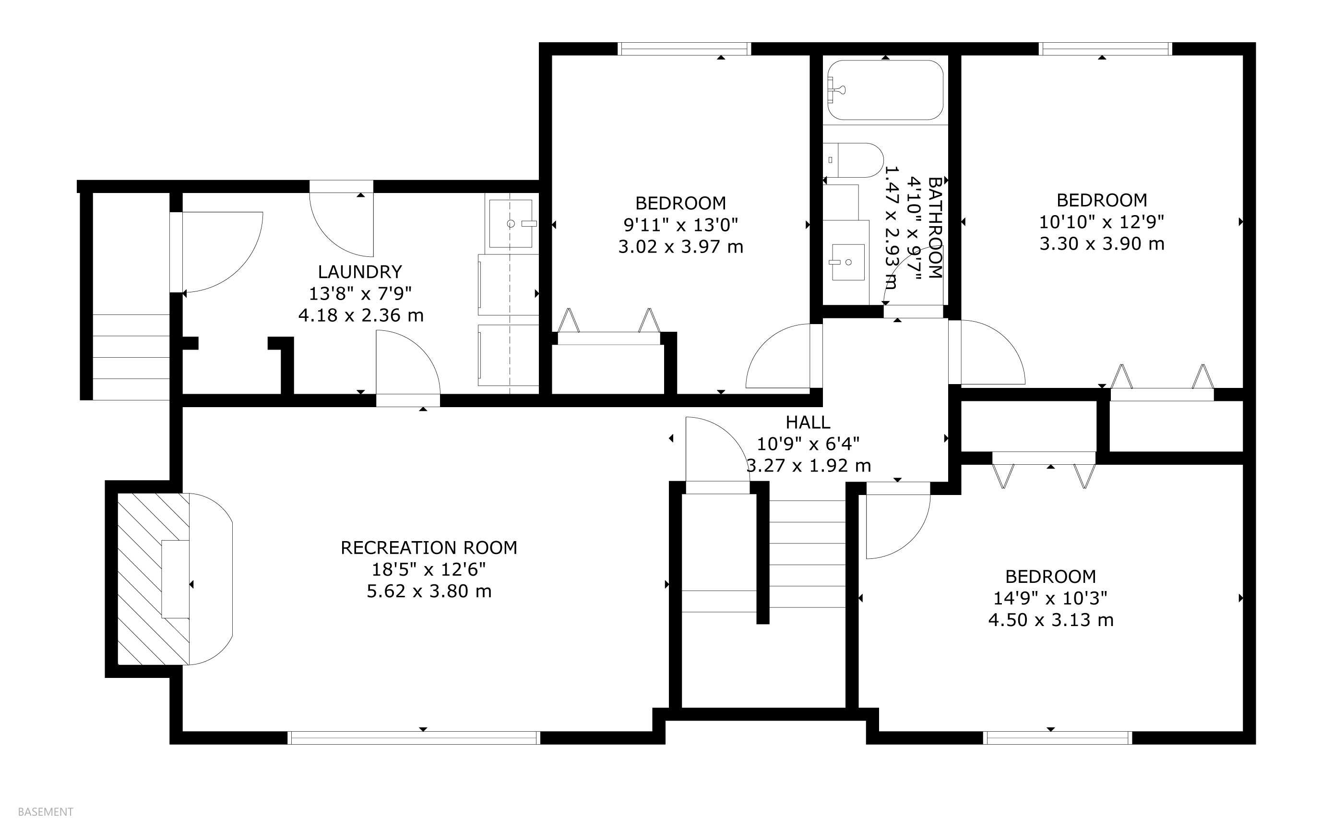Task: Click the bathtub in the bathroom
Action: tap(885, 90)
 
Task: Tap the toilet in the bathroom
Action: tap(854, 160)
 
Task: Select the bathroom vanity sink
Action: tap(847, 262)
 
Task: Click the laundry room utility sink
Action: tap(511, 223)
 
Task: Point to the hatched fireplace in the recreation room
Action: tap(154, 579)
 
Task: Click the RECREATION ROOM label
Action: tap(429, 548)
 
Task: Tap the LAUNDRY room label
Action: tap(360, 272)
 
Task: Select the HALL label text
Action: tap(808, 423)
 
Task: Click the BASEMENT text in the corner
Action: tap(46, 812)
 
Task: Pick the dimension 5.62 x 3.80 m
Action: tap(429, 591)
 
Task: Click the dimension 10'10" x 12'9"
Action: tap(1102, 222)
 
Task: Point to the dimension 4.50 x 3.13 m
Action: tap(1050, 620)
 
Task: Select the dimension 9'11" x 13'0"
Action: tap(680, 225)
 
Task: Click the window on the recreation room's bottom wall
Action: tap(414, 737)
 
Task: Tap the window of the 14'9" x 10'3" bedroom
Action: tap(1058, 737)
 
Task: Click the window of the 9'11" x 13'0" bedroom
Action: tap(684, 49)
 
